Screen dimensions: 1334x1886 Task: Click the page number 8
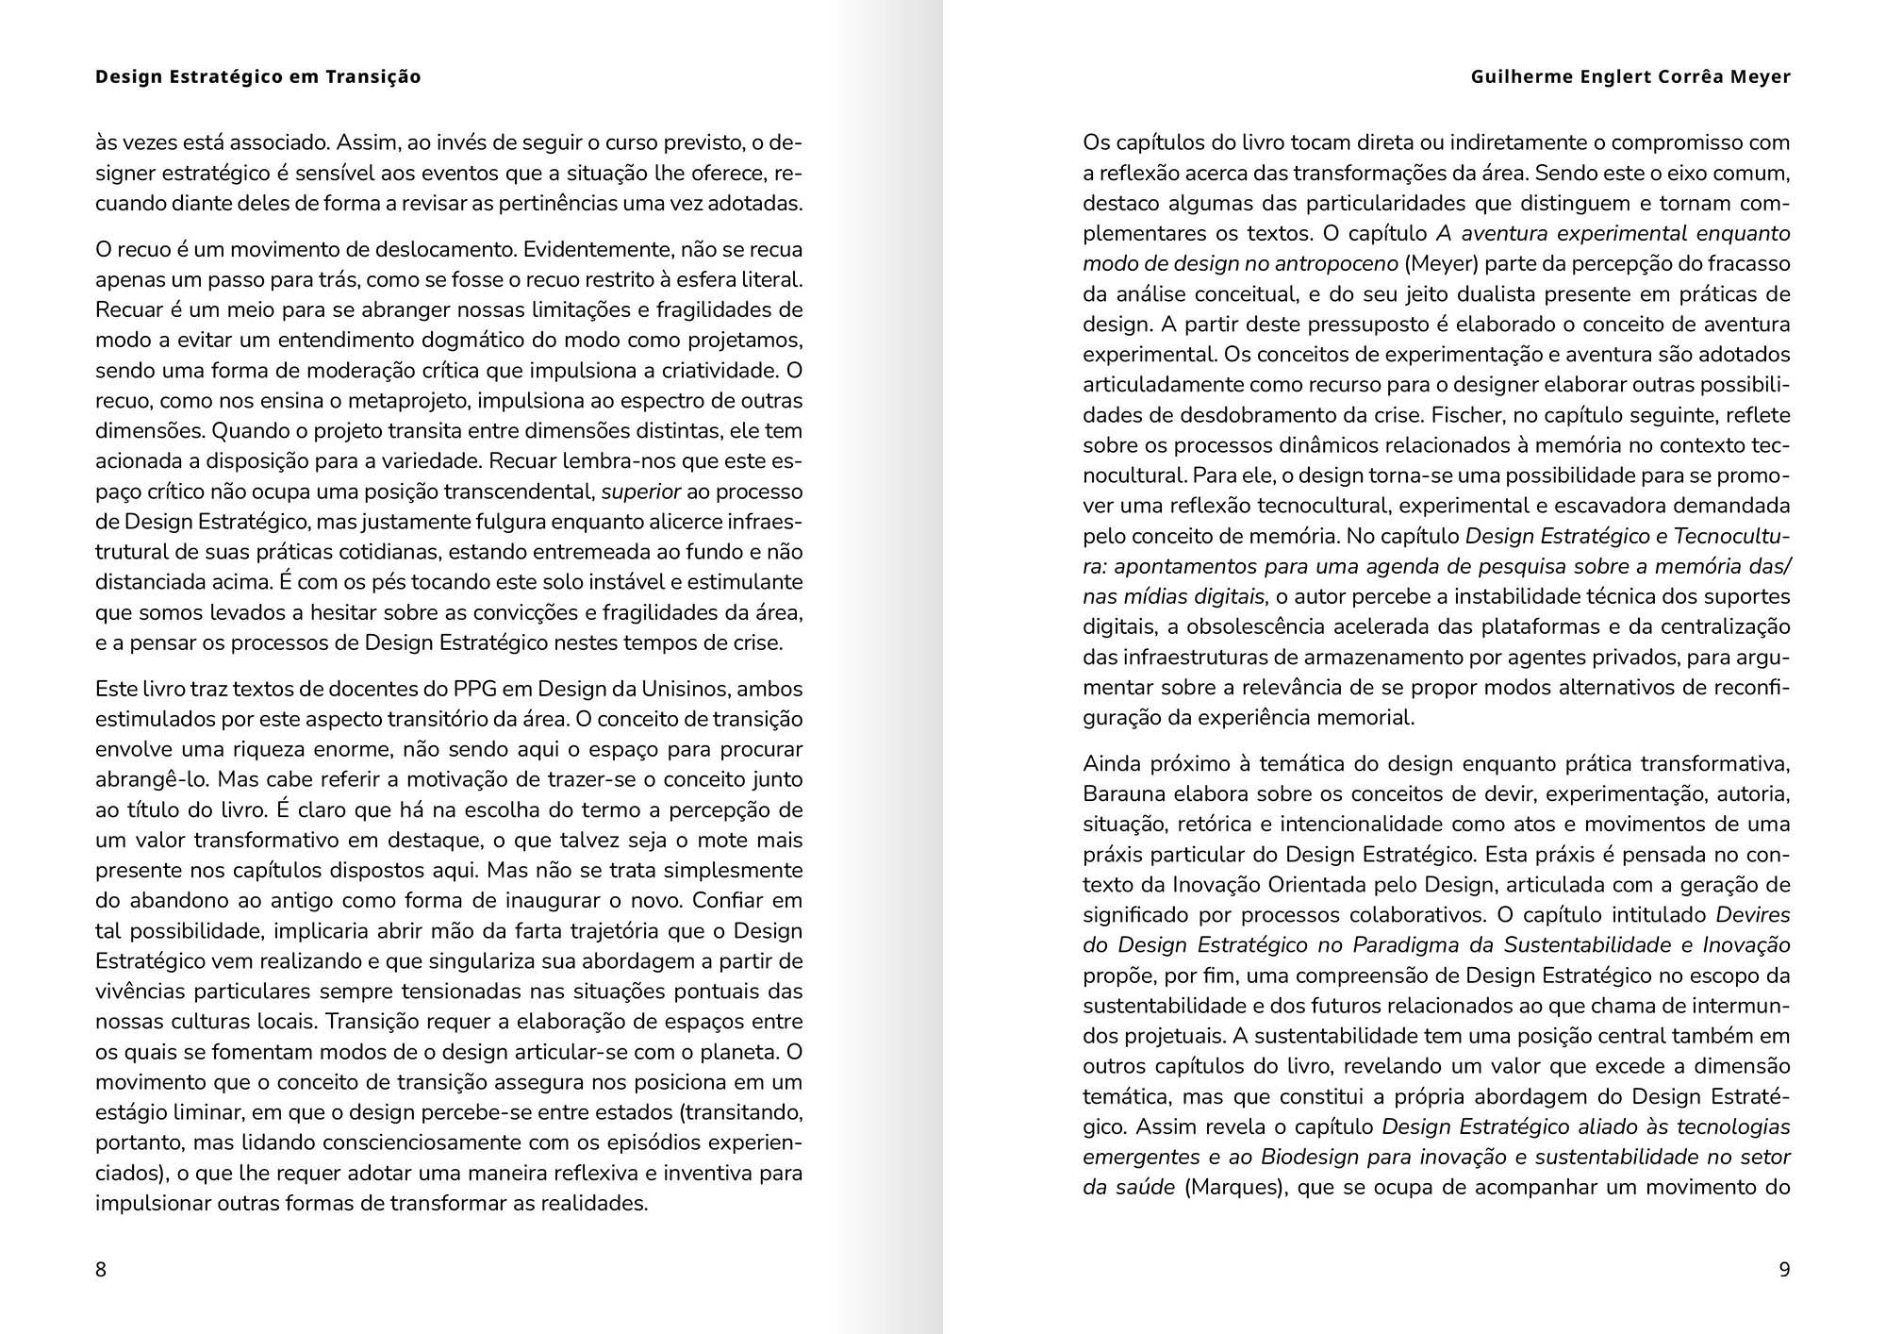[x=101, y=1270]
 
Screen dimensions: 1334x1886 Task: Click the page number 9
[x=1784, y=1270]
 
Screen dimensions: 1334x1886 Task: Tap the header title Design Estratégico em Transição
[x=258, y=76]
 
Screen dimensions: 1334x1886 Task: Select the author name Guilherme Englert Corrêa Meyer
[x=1630, y=76]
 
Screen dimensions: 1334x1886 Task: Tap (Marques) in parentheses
[x=1235, y=1187]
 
